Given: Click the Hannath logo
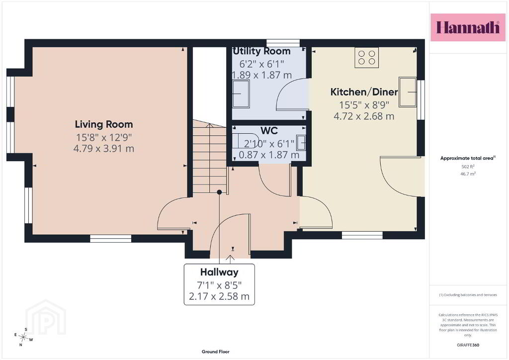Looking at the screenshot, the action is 468,27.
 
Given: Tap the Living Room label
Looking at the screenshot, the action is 104,124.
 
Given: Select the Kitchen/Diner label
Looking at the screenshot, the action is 364,92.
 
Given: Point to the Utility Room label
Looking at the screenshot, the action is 261,51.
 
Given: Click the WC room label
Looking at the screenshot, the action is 269,130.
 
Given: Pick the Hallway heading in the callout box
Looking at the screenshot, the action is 219,272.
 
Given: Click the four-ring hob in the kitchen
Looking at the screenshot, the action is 366,58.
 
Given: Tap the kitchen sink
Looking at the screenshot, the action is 408,92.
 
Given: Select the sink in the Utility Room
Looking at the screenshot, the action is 241,94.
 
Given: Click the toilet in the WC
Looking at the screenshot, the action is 245,141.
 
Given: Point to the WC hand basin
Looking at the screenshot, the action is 301,143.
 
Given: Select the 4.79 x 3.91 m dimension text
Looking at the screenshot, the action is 104,149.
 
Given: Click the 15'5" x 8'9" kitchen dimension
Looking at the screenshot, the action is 364,105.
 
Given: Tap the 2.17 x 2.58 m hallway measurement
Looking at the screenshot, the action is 219,296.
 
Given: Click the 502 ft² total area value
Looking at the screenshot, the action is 468,167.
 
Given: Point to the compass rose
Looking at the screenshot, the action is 23,337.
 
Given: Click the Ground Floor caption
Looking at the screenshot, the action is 216,352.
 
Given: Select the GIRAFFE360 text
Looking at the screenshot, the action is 468,345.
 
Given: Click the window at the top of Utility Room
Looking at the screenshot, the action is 283,43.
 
